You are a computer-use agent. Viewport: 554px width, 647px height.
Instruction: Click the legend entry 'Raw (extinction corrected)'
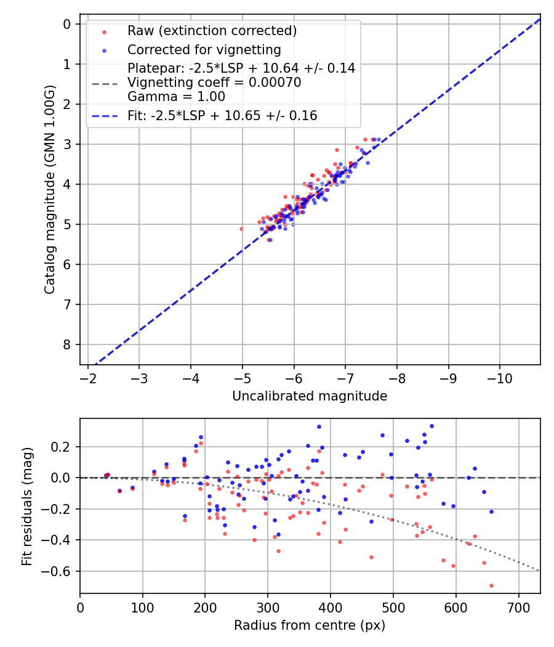(x=212, y=31)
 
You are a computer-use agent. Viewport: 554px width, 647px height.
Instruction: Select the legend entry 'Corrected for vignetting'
(x=204, y=49)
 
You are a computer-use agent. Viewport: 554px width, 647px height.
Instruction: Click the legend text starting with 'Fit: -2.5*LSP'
(x=222, y=115)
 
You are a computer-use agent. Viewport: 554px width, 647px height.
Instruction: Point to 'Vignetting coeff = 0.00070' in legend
(x=214, y=83)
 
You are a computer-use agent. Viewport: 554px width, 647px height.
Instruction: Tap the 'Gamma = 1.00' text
(x=176, y=97)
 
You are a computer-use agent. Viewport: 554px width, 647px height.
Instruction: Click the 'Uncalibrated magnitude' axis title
(x=310, y=396)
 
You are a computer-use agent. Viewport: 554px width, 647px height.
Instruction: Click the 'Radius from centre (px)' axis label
(x=310, y=625)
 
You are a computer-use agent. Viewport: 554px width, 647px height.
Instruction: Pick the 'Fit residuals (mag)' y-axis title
(x=27, y=507)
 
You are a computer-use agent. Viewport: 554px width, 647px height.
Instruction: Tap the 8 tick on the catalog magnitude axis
(x=67, y=344)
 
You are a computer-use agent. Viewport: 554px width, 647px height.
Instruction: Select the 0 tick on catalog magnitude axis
(x=67, y=24)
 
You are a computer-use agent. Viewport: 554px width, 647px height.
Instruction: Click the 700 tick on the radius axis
(x=518, y=607)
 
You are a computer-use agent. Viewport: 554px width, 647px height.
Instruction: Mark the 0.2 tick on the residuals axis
(x=63, y=446)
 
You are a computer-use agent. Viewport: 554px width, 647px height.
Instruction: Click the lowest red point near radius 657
(x=491, y=585)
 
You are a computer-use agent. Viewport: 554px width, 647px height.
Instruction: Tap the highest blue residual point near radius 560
(x=432, y=426)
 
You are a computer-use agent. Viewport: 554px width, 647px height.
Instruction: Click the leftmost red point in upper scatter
(x=241, y=229)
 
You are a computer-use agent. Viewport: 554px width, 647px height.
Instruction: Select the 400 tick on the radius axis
(x=331, y=607)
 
